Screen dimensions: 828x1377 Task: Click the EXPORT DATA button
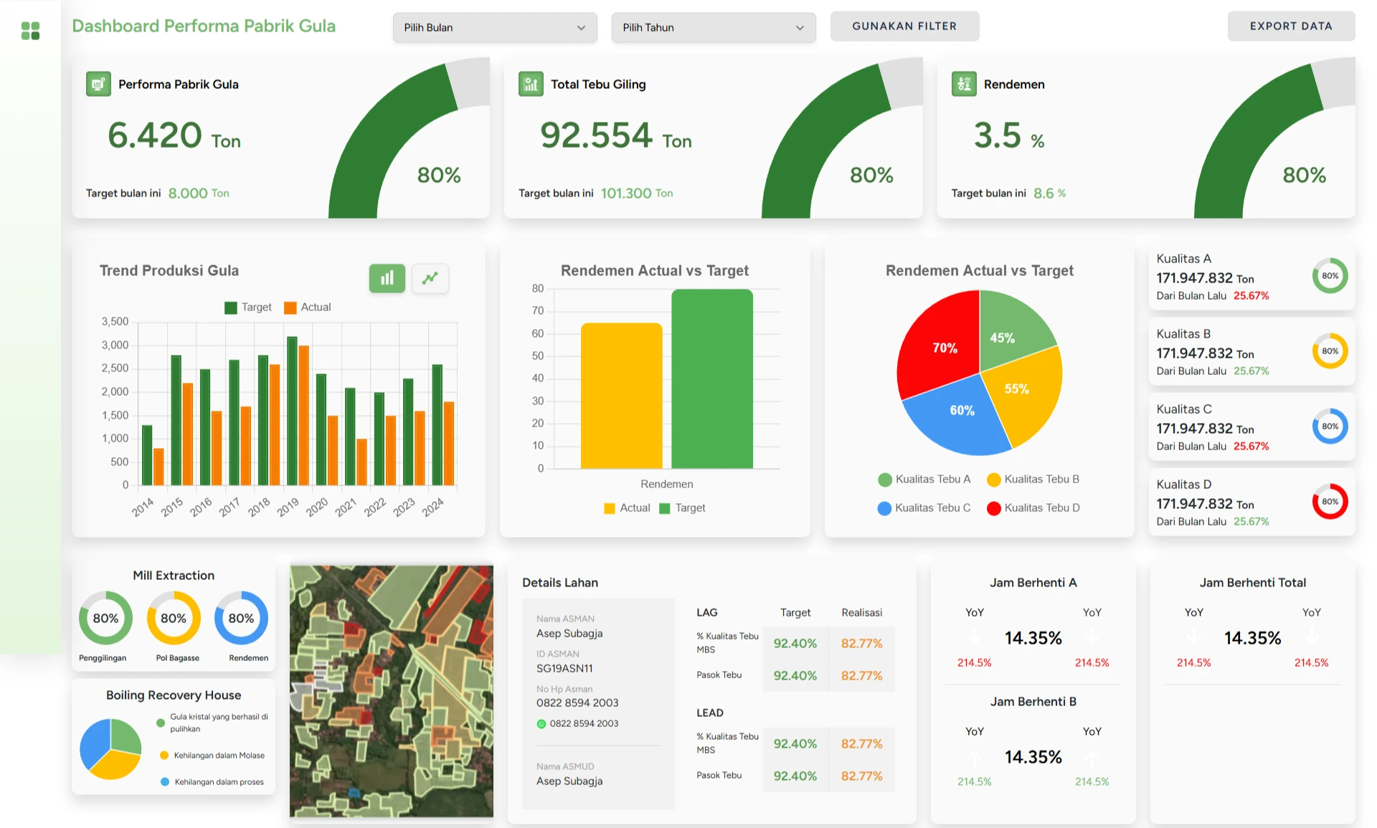(1291, 27)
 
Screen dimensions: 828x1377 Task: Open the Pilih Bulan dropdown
(494, 28)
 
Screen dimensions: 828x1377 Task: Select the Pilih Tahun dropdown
(713, 28)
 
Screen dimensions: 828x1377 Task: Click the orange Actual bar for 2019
(303, 416)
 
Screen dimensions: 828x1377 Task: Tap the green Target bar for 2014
(147, 455)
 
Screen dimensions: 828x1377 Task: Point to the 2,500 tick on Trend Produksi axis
(115, 368)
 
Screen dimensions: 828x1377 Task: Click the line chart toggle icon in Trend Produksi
(430, 278)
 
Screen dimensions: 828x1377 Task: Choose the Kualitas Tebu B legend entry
(1033, 480)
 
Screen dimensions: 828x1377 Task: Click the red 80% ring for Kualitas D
(1330, 502)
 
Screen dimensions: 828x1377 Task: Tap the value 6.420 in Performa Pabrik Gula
(155, 135)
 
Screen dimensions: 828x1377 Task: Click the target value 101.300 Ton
(636, 194)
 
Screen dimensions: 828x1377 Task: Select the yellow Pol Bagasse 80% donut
(174, 618)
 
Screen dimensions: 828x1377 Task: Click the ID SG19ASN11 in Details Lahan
(564, 668)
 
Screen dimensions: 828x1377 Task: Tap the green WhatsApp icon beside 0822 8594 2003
(541, 724)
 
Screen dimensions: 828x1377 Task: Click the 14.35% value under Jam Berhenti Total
(1252, 638)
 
